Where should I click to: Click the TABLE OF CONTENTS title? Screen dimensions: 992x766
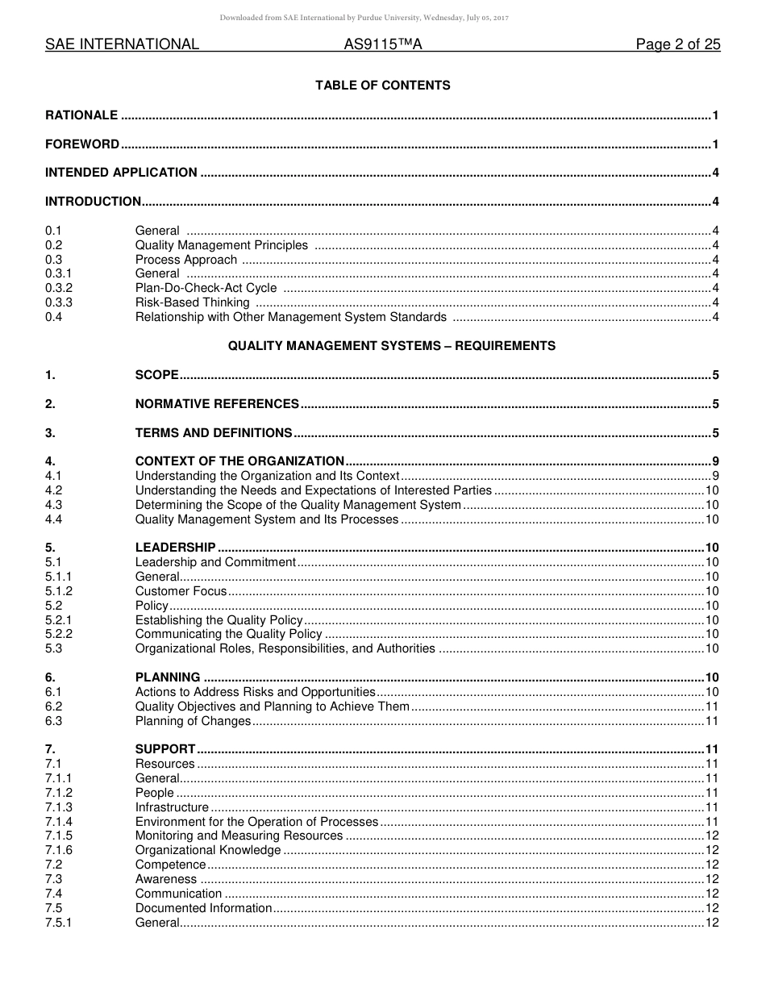pos(382,85)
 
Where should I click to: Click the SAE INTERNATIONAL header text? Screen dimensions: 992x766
pos(122,45)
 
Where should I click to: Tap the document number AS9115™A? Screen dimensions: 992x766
pos(383,45)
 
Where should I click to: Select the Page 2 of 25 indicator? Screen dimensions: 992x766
pos(677,45)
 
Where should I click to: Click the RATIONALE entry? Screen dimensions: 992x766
pos(81,115)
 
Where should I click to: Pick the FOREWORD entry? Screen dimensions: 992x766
pos(82,144)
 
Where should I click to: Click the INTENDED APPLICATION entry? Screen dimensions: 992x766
pos(121,173)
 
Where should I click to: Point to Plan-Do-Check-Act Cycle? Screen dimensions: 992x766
pos(206,288)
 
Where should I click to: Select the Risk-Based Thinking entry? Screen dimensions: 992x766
pos(192,302)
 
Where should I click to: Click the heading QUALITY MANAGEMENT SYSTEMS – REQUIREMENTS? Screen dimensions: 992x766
pos(392,346)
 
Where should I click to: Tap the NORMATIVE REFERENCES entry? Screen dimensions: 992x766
pos(217,404)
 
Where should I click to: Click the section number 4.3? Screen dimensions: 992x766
pos(54,505)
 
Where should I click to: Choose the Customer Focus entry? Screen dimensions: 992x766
pos(181,591)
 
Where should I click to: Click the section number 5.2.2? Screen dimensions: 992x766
pos(59,634)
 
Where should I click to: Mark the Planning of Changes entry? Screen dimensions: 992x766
pos(193,721)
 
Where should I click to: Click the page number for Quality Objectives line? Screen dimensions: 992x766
pos(712,706)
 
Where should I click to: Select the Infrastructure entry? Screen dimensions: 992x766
pos(172,807)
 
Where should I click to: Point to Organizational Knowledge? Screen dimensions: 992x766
pos(208,850)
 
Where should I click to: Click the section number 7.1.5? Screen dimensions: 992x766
pos(59,836)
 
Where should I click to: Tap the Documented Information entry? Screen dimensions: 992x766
pos(204,908)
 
